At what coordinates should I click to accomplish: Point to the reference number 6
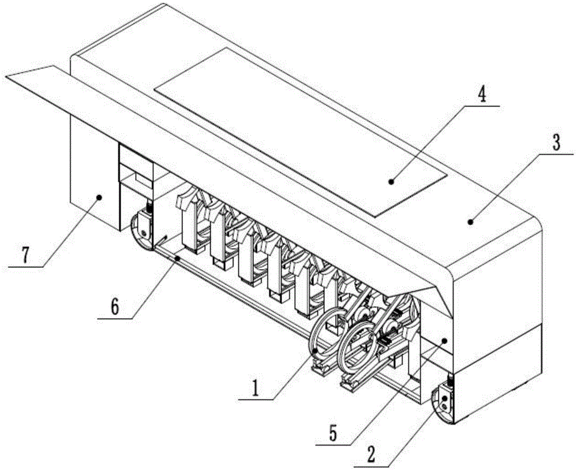[114, 306]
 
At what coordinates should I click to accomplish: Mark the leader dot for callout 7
[99, 197]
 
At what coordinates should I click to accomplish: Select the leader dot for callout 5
[445, 341]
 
